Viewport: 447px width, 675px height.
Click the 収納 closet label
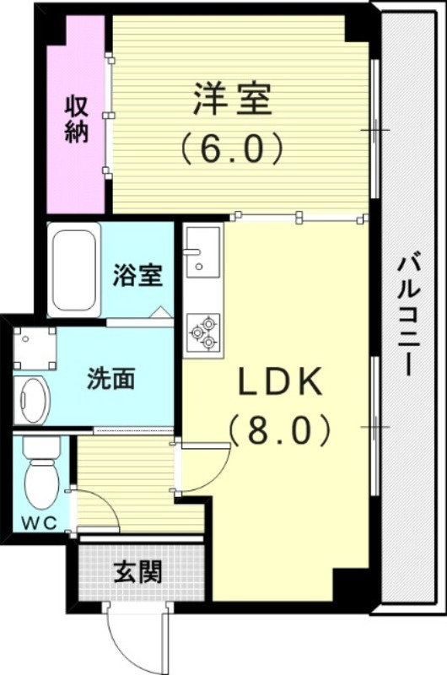77,120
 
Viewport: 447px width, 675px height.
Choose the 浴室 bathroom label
137,276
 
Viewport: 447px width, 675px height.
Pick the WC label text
38,522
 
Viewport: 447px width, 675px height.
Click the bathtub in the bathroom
75,269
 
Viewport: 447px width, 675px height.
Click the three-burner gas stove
203,332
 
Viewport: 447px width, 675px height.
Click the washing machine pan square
35,347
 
